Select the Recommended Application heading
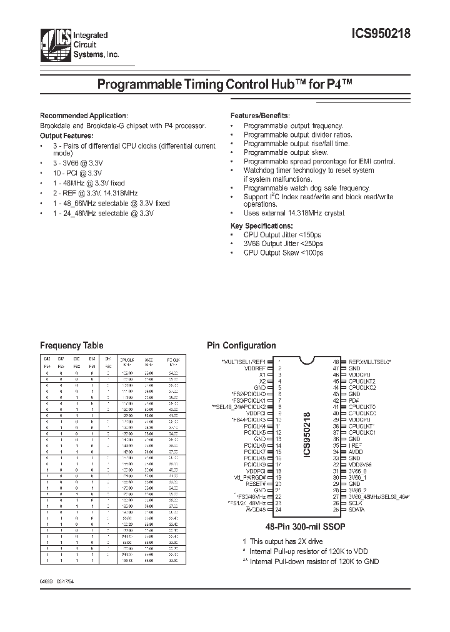tap(84, 116)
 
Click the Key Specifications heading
tap(261, 225)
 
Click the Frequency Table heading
tap(71, 345)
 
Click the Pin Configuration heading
tap(241, 345)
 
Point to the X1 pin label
tap(262, 375)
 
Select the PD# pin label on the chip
tap(352, 400)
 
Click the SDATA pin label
tap(357, 510)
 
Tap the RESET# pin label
tap(256, 484)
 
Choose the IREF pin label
tap(355, 445)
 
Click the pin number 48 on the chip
tap(335, 362)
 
